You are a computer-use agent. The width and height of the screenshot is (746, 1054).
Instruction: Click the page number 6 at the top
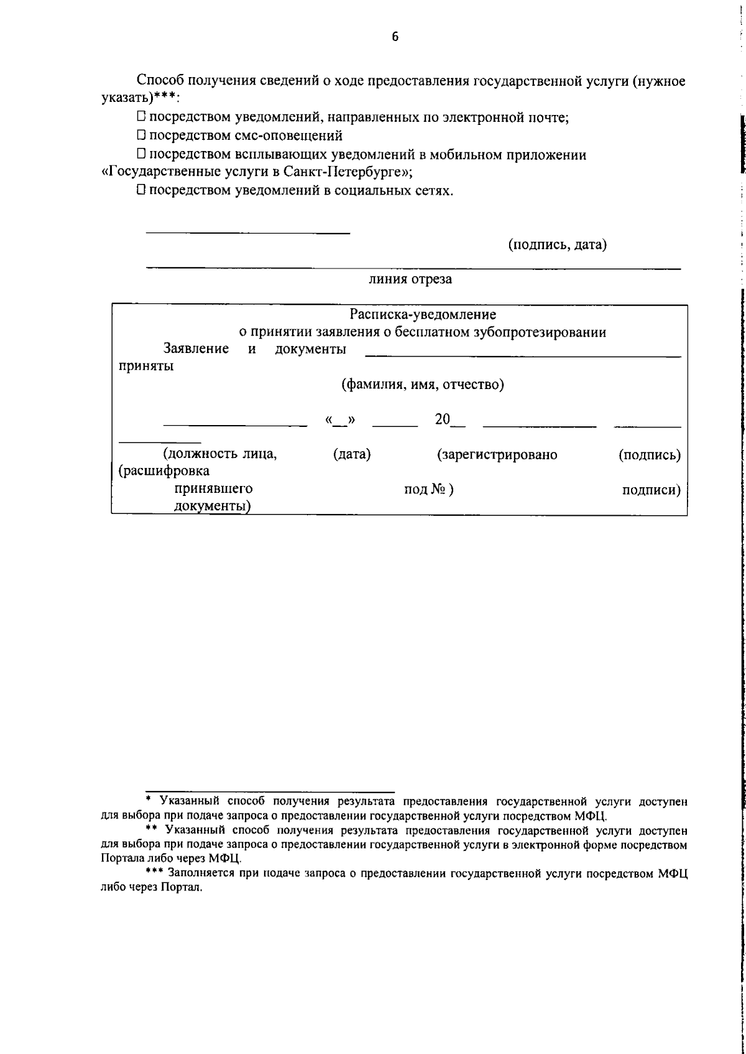click(x=395, y=37)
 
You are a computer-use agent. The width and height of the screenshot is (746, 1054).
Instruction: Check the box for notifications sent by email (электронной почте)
click(x=141, y=116)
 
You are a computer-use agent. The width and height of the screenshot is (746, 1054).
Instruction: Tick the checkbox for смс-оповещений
click(x=141, y=134)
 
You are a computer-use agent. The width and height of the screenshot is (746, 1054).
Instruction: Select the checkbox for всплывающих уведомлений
click(x=141, y=154)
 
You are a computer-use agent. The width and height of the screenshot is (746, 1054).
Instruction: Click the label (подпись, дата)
click(x=558, y=245)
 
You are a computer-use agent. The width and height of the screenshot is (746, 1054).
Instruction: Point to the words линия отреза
click(x=410, y=279)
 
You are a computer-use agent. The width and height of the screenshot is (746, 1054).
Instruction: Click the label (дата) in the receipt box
click(x=352, y=455)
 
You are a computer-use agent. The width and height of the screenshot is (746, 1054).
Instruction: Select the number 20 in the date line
click(x=442, y=419)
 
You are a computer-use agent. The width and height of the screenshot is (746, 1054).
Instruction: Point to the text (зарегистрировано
click(x=497, y=455)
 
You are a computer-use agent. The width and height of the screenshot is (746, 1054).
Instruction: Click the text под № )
click(x=429, y=490)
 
